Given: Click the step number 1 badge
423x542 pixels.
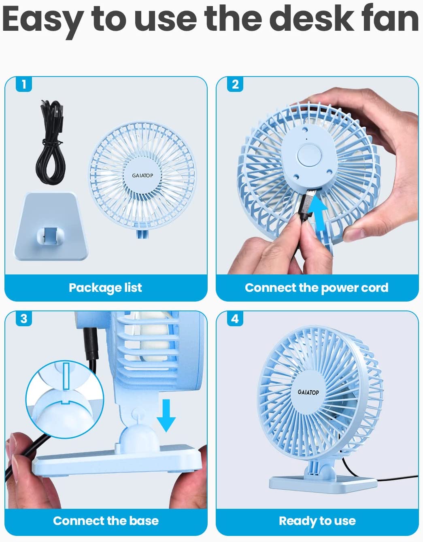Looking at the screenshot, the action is coord(24,84).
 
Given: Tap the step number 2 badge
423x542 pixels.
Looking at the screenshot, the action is coord(235,84).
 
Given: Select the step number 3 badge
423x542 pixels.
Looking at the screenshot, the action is coord(24,319).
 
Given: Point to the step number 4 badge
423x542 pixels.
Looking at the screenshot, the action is coord(235,319).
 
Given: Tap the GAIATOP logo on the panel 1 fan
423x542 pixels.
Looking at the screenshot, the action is coord(142,176).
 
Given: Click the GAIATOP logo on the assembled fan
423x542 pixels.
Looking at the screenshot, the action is coord(308,392).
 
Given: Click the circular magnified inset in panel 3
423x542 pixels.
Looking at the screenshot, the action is coord(65,399).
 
